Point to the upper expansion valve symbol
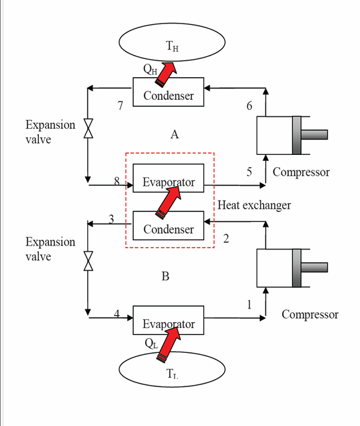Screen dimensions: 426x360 point(88,129)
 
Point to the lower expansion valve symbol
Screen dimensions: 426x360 point(88,260)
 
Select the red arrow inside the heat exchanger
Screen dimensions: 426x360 point(167,202)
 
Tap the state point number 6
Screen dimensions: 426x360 point(250,105)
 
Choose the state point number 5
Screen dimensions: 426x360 point(249,172)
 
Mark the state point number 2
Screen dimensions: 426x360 point(226,238)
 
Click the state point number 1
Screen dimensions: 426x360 point(249,304)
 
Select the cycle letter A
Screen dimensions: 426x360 point(174,135)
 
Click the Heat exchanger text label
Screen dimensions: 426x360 point(255,205)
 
